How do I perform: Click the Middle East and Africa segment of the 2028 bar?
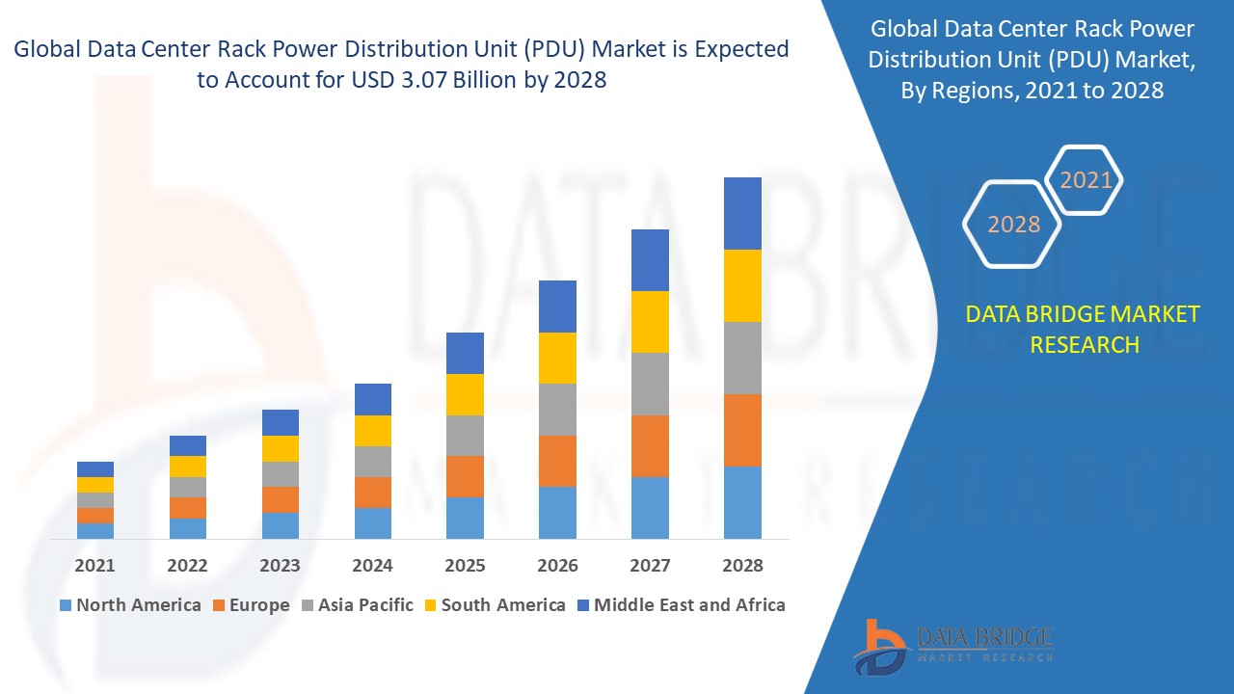(x=742, y=213)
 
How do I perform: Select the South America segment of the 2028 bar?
(x=742, y=285)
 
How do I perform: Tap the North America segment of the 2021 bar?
(x=95, y=530)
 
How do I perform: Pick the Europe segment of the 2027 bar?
(x=650, y=445)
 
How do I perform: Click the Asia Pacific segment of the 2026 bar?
(x=557, y=410)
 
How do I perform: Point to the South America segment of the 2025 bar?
(x=465, y=394)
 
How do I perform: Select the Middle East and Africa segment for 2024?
(x=373, y=399)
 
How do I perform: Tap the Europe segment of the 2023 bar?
(x=281, y=499)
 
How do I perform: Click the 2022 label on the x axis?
(x=187, y=566)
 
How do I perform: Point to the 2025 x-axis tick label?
(x=465, y=566)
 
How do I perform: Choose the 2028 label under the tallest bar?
(x=742, y=566)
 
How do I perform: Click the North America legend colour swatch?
(x=66, y=605)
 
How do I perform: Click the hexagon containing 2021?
(x=1086, y=180)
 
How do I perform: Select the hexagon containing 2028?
(x=1013, y=224)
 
